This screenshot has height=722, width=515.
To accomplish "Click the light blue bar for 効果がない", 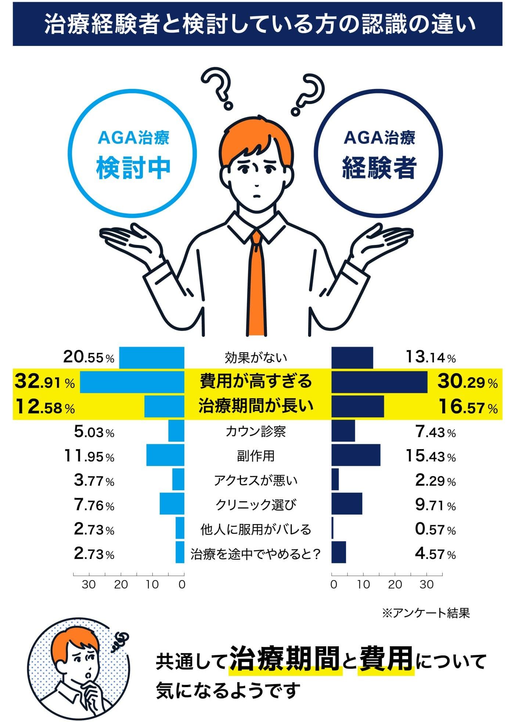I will [152, 357].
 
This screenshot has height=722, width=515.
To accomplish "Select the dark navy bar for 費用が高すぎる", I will [379, 382].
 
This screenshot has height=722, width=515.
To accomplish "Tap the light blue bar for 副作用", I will [165, 455].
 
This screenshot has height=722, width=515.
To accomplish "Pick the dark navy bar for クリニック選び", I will [347, 503].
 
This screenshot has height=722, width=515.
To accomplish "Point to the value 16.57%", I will [468, 407].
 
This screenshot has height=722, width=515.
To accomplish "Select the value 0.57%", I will [435, 529].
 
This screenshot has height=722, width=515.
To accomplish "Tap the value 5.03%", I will [94, 432].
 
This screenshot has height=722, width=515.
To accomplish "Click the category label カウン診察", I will [255, 431].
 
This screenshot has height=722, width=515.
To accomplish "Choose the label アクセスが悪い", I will [256, 480].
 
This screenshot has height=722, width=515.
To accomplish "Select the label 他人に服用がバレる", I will [256, 529].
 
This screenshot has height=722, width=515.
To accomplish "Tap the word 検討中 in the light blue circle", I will [133, 168].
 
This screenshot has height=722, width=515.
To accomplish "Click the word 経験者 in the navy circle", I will [379, 168].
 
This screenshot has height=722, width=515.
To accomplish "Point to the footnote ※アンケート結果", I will [426, 613].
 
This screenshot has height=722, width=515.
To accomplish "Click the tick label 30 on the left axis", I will [89, 585].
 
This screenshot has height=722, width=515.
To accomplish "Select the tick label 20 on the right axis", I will [395, 585].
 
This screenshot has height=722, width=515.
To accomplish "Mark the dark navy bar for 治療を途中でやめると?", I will [339, 552].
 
